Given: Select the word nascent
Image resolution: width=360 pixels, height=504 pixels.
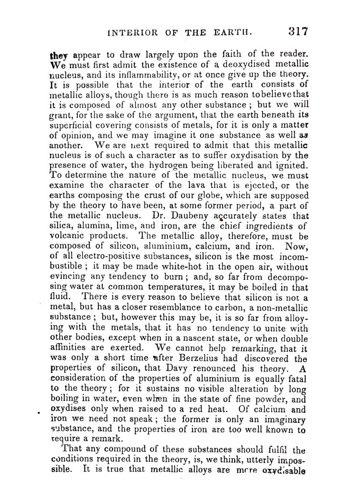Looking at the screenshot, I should pos(180,339).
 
